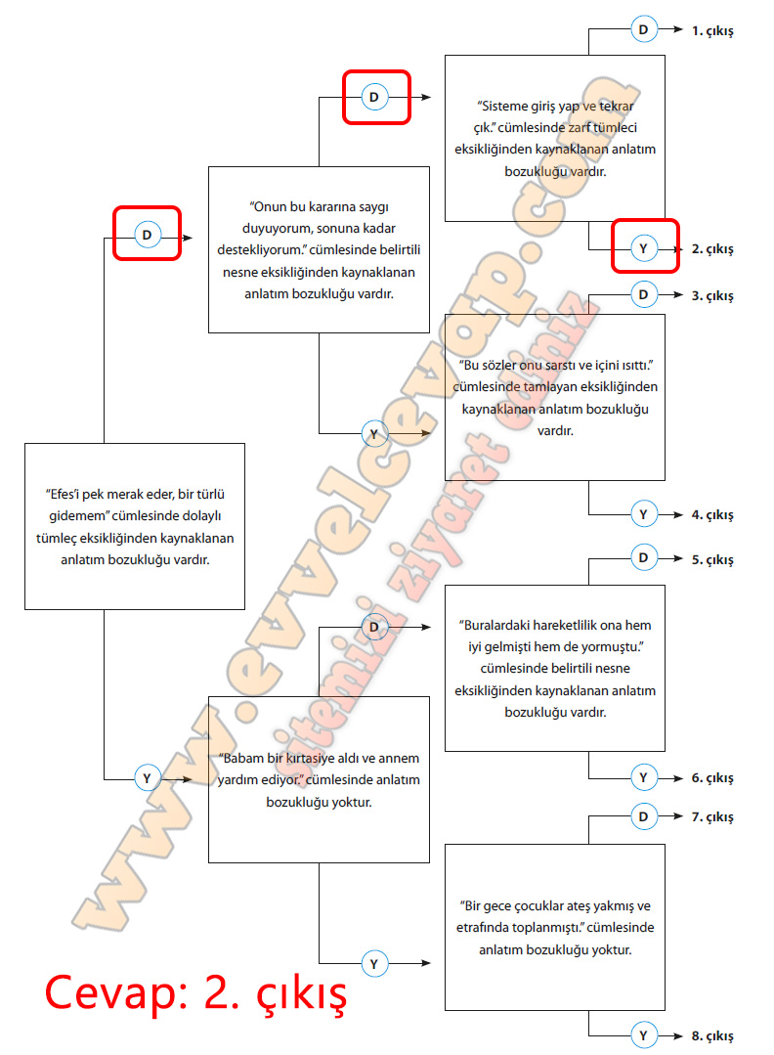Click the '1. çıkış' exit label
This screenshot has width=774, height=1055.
point(712,30)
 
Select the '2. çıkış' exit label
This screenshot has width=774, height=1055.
point(712,249)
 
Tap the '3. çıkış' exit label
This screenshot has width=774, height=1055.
point(712,295)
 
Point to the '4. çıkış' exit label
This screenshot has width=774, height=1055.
point(712,514)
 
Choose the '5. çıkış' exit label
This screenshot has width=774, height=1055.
point(712,560)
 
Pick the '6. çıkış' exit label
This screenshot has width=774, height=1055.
point(712,778)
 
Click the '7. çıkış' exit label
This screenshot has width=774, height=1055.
point(712,816)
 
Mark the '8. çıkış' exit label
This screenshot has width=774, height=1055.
point(712,1035)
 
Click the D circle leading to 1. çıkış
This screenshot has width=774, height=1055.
point(643,30)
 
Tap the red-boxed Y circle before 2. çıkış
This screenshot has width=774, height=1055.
point(643,249)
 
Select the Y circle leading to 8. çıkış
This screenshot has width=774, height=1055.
point(643,1035)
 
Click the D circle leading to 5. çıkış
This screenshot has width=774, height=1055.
point(643,559)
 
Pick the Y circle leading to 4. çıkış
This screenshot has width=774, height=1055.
point(643,514)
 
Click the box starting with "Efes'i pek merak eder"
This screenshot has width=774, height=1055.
point(134,527)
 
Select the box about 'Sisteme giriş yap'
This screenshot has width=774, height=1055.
point(555,138)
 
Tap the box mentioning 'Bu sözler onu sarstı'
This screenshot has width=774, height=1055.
point(555,396)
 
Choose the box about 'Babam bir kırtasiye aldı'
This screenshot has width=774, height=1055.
point(320,779)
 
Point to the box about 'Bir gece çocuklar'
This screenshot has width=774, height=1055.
point(555,927)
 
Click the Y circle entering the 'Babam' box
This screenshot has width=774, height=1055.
point(147,778)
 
